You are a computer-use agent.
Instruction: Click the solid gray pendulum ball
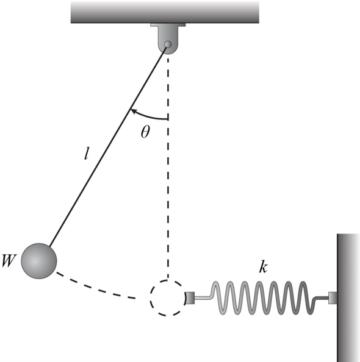click(39, 261)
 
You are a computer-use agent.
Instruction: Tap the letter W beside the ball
click(9, 261)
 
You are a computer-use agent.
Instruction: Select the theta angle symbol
click(145, 132)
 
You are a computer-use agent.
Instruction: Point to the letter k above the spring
click(263, 268)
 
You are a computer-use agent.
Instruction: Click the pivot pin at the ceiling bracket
click(168, 44)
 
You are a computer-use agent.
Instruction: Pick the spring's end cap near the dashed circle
click(190, 298)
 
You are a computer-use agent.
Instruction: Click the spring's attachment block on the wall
click(333, 298)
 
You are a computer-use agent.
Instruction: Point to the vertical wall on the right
click(348, 298)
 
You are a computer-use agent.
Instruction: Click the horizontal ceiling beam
click(165, 12)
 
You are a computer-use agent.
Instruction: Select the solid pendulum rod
click(107, 146)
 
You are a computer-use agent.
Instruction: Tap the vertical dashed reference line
click(168, 168)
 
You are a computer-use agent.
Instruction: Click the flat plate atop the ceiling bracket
click(168, 25)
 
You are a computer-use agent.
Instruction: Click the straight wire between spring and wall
click(322, 298)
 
